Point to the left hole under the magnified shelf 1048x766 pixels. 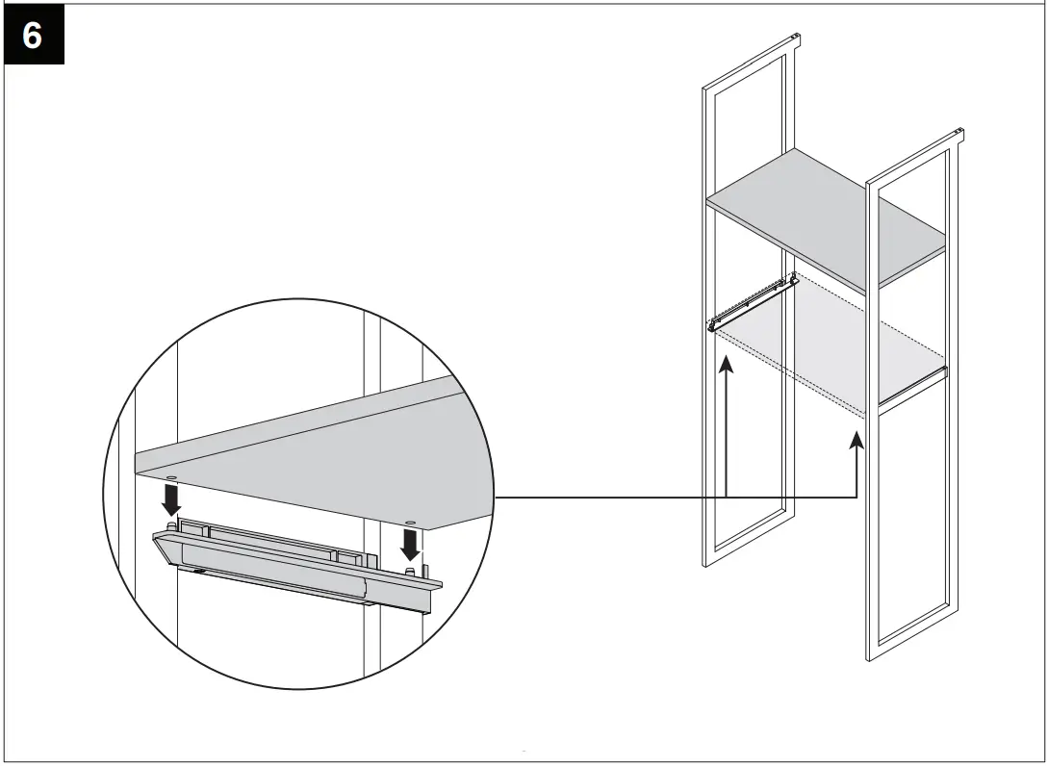(x=170, y=477)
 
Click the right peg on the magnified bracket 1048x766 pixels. (x=411, y=573)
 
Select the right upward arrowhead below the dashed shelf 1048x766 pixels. (x=856, y=441)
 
